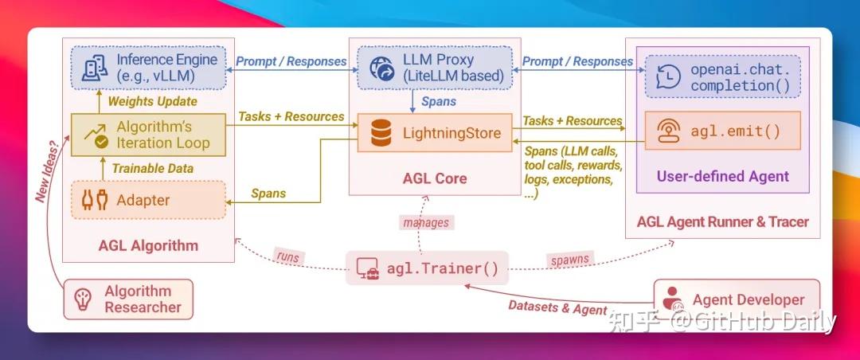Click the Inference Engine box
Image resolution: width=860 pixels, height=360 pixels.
pyautogui.click(x=149, y=68)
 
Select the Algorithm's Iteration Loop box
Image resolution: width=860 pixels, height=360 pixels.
pyautogui.click(x=149, y=135)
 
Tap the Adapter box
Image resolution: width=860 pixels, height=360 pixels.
pyautogui.click(x=149, y=200)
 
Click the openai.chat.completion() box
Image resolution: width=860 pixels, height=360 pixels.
pyautogui.click(x=721, y=76)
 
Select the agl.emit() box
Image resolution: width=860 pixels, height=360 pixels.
pyautogui.click(x=721, y=130)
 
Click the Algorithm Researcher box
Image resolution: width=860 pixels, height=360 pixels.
pyautogui.click(x=129, y=299)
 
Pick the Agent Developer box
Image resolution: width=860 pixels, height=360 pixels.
pyautogui.click(x=736, y=299)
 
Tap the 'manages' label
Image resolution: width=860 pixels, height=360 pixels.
pyautogui.click(x=427, y=223)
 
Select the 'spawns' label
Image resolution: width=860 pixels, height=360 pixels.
pyautogui.click(x=569, y=260)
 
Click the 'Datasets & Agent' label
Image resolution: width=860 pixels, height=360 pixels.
pyautogui.click(x=557, y=307)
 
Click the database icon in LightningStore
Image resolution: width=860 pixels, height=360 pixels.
pyautogui.click(x=381, y=134)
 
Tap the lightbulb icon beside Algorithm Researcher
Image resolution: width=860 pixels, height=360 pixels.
pyautogui.click(x=83, y=299)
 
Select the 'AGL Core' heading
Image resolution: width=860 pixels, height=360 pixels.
pyautogui.click(x=434, y=178)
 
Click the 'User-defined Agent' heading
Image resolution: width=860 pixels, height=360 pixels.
pyautogui.click(x=722, y=176)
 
